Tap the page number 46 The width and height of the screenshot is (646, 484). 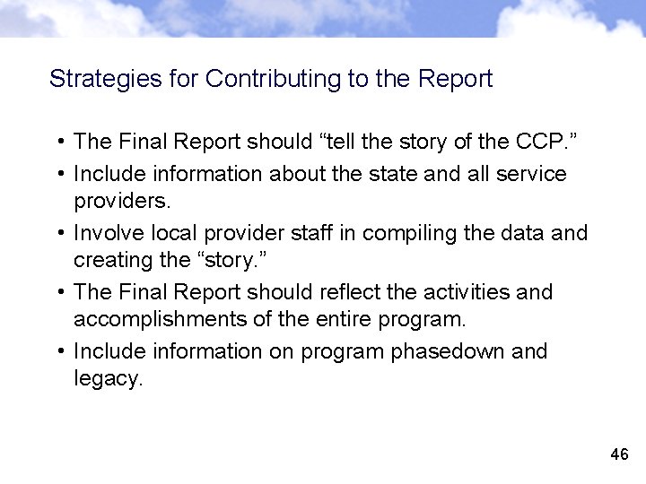coord(618,454)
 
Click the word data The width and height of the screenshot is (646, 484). coord(516,233)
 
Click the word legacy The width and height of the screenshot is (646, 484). coord(108,378)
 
